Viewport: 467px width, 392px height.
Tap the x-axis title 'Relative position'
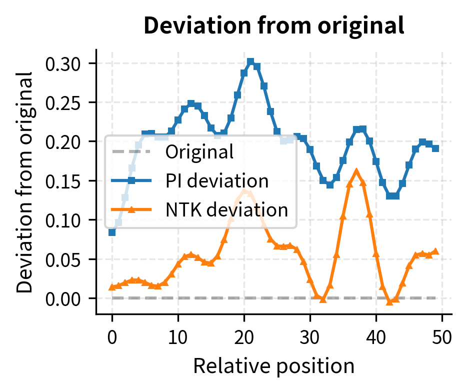point(273,366)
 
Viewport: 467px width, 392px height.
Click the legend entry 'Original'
point(199,152)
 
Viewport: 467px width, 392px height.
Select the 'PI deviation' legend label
point(217,181)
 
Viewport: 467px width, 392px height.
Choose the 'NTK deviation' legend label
point(226,210)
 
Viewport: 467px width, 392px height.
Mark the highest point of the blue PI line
point(250,61)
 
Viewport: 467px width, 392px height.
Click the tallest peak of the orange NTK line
point(356,172)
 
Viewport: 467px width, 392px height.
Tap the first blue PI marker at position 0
point(112,232)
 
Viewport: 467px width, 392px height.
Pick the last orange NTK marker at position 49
point(435,251)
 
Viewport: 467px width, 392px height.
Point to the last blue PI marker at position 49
point(435,148)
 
